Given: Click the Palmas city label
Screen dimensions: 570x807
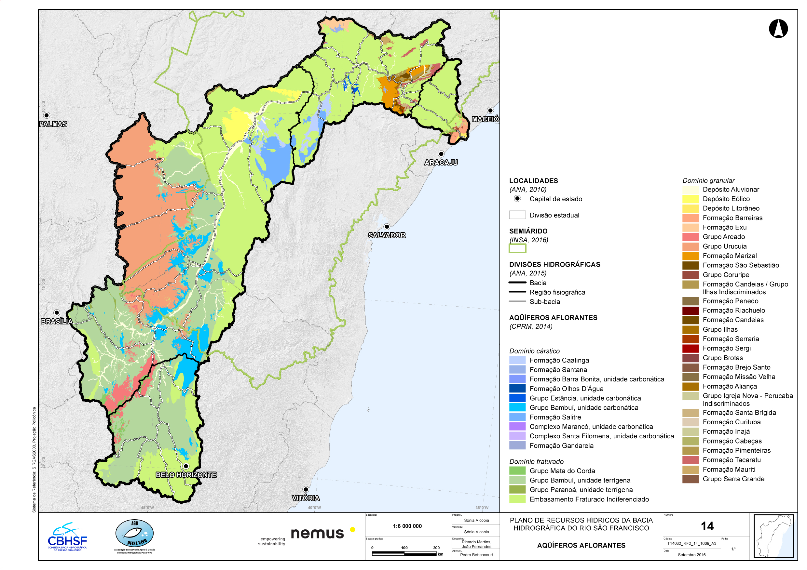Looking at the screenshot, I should pyautogui.click(x=53, y=124).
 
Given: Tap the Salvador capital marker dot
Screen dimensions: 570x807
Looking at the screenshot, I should pyautogui.click(x=387, y=227).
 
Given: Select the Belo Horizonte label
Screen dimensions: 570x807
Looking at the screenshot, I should pyautogui.click(x=186, y=475).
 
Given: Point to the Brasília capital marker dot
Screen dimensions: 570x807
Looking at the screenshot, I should pyautogui.click(x=57, y=312).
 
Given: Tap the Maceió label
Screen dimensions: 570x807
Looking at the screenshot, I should pyautogui.click(x=485, y=119).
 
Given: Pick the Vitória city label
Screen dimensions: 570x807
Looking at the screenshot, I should pyautogui.click(x=306, y=498).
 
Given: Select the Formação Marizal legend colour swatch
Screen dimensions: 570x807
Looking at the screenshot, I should pyautogui.click(x=690, y=256).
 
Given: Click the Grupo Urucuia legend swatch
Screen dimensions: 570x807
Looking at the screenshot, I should pyautogui.click(x=690, y=246).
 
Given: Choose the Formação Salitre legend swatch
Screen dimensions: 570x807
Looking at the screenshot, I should pyautogui.click(x=517, y=417).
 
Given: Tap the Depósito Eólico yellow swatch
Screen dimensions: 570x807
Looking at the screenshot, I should pyautogui.click(x=690, y=199).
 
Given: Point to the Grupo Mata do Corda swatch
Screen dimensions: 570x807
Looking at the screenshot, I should pyautogui.click(x=517, y=471).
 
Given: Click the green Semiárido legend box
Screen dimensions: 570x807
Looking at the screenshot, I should pyautogui.click(x=517, y=249).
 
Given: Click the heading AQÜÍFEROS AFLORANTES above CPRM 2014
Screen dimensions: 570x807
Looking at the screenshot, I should pyautogui.click(x=553, y=317).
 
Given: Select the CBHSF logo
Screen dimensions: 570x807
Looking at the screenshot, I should pyautogui.click(x=67, y=537).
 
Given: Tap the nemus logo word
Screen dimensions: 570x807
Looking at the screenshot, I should pyautogui.click(x=317, y=533).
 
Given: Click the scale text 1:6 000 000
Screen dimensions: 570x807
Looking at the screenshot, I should pyautogui.click(x=407, y=526).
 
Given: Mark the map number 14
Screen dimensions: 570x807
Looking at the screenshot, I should pyautogui.click(x=707, y=526).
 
